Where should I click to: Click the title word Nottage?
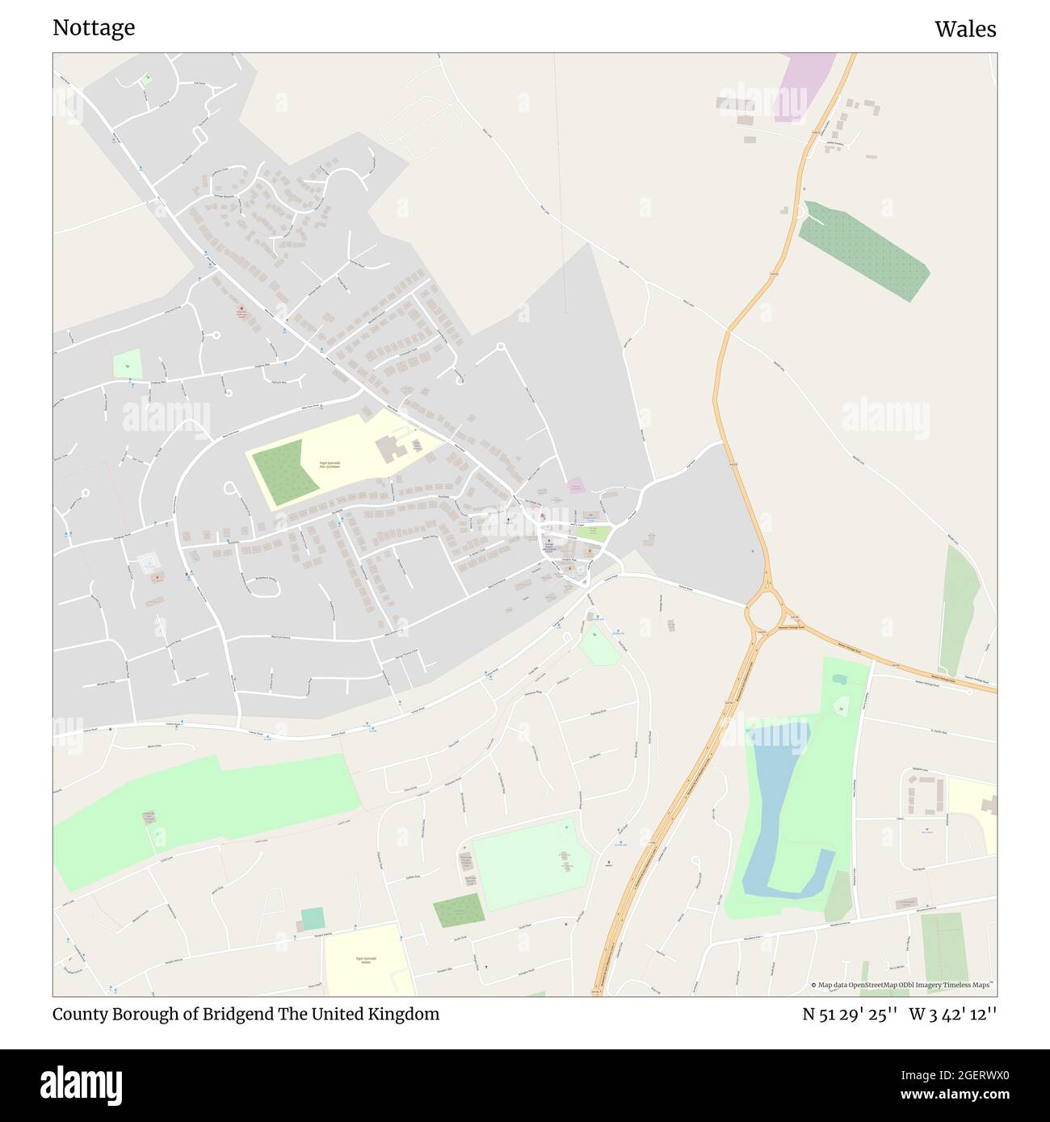click(94, 28)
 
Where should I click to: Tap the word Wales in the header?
click(965, 29)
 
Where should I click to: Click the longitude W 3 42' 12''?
click(953, 1014)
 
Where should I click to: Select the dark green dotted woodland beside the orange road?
click(863, 250)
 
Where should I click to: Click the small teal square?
click(313, 918)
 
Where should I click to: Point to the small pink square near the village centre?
click(576, 485)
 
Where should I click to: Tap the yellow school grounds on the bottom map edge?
click(367, 961)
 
